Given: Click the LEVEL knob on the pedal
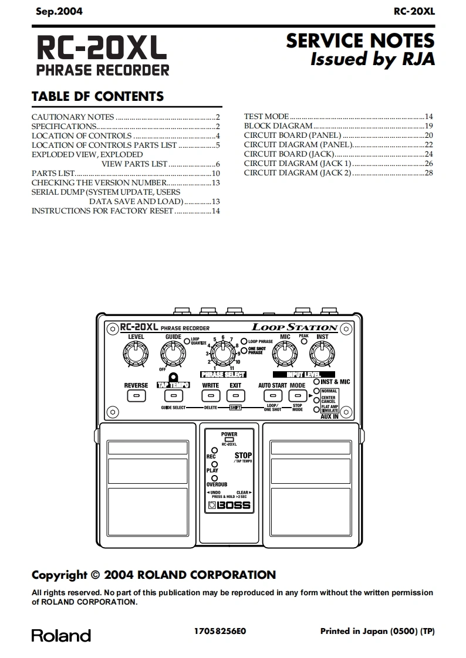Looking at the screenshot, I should [x=136, y=354].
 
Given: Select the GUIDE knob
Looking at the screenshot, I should [x=172, y=354].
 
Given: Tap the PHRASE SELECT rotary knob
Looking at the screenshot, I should [x=222, y=354].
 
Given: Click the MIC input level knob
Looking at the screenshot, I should [x=285, y=354].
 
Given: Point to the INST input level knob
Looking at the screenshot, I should [x=322, y=354].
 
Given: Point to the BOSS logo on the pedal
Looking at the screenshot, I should [x=229, y=506].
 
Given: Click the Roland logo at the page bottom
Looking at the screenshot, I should [x=61, y=636].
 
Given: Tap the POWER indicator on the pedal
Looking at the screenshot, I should [x=229, y=439].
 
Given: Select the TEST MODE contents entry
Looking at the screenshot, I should [x=266, y=117].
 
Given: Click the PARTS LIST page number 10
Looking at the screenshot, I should [x=215, y=173].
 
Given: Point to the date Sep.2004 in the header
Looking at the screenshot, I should [x=59, y=11].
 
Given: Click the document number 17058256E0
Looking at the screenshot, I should [x=220, y=631].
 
